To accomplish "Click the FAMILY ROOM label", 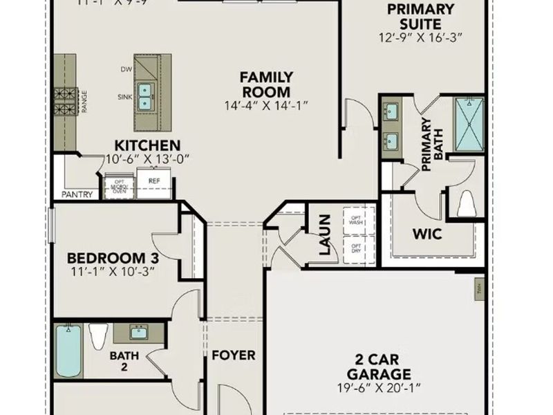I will point(266,84).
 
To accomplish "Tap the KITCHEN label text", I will point(147,146).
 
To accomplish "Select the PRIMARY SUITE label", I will point(420,16).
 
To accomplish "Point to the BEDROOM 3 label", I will point(113,258).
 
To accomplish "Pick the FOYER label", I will point(233,356).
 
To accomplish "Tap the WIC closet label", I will point(427,234).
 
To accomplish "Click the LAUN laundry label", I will point(326,235).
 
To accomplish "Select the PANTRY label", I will point(77,195).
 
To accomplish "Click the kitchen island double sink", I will point(145,97).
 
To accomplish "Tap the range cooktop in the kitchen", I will point(66,101).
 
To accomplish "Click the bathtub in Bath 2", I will point(68,351).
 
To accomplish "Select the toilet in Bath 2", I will point(97,337).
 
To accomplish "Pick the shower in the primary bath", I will point(468,122).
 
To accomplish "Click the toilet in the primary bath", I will point(467,203).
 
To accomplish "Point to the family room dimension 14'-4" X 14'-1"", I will point(266,106).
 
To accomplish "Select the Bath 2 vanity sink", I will point(138,333).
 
